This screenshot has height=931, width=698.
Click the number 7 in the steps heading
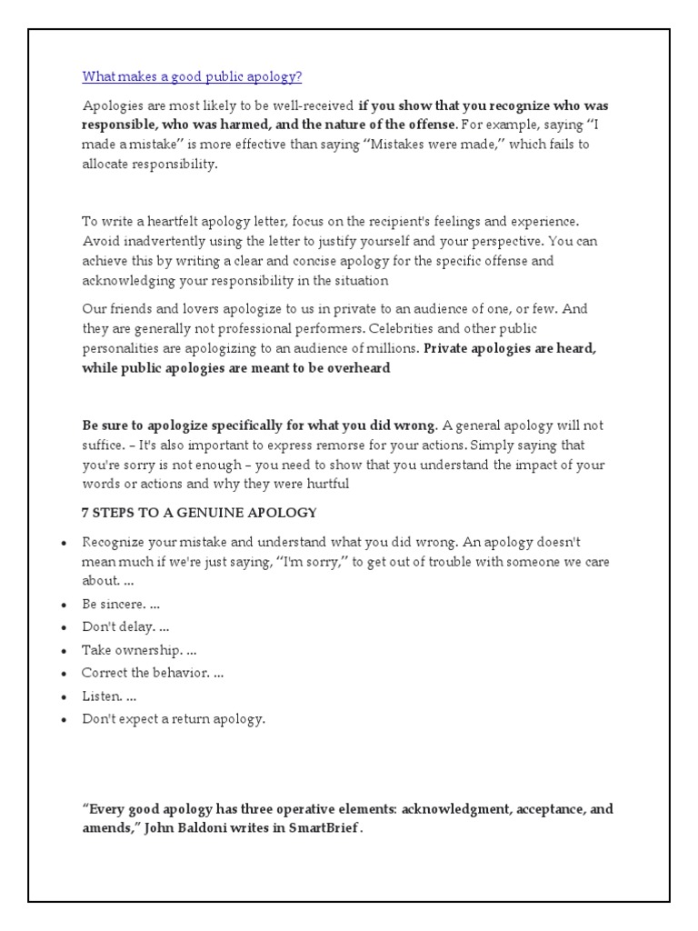[x=85, y=513]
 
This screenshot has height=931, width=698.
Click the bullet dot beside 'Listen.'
[x=64, y=696]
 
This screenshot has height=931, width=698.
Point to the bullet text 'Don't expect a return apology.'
[x=174, y=719]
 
